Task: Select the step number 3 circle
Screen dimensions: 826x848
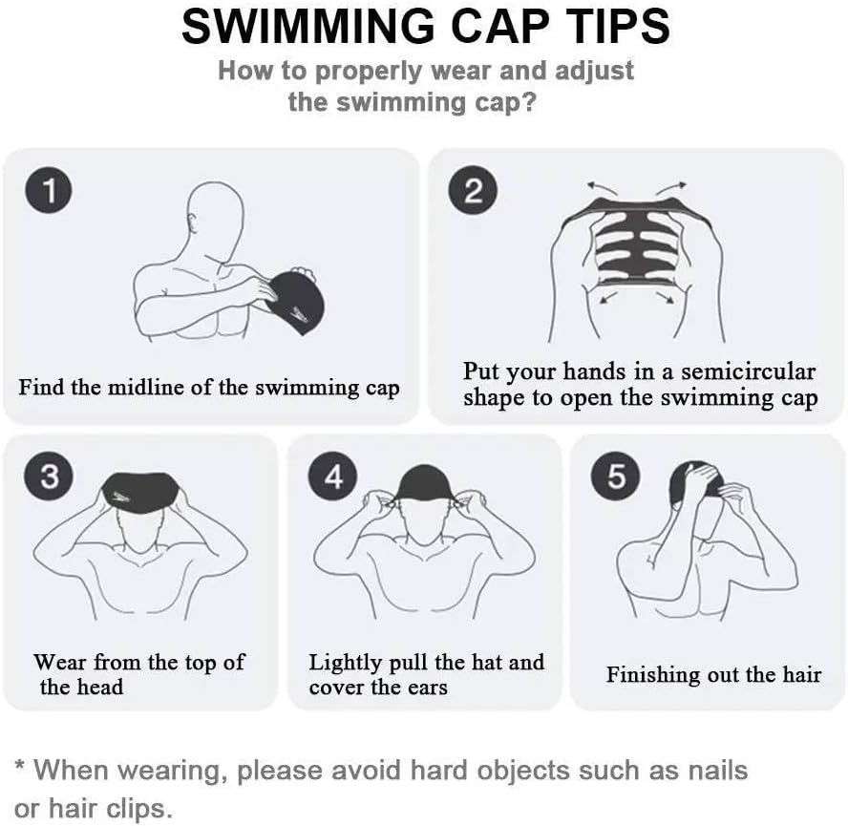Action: click(48, 477)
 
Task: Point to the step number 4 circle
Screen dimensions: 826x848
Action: click(333, 477)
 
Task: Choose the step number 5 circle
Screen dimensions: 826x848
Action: click(616, 477)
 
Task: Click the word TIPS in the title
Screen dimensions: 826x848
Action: click(604, 27)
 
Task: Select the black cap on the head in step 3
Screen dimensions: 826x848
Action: click(141, 493)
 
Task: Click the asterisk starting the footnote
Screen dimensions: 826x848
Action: click(20, 766)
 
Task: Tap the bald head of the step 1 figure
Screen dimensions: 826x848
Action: click(212, 211)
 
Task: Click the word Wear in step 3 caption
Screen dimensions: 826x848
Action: click(61, 663)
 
